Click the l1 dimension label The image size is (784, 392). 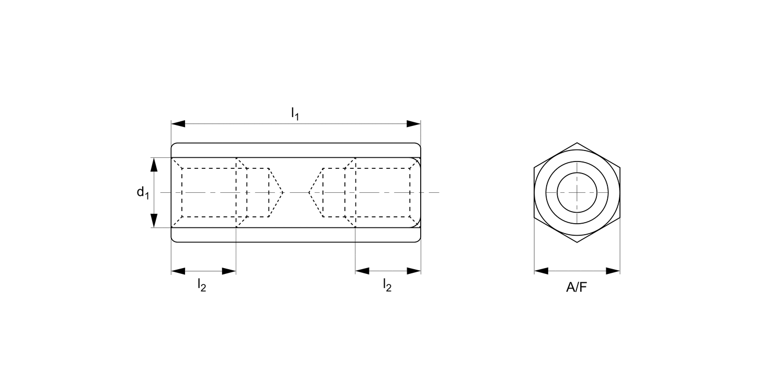point(295,113)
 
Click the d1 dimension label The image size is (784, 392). point(143,193)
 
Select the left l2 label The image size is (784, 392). point(202,285)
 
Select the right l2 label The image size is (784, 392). point(387,285)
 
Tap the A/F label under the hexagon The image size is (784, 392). point(577,287)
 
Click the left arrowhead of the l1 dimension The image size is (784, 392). point(178,124)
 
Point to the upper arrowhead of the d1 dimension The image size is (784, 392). point(154,165)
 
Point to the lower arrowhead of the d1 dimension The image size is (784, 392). point(154,221)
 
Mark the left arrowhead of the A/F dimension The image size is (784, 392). point(541,271)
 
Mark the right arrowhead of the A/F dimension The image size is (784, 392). point(613,271)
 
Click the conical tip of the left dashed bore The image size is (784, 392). point(283,192)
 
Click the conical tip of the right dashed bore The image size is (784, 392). point(309,192)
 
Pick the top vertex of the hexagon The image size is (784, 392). point(577,143)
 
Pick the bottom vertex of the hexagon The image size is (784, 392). point(577,243)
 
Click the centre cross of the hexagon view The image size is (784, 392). point(577,192)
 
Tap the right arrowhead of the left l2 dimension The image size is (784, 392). point(229,271)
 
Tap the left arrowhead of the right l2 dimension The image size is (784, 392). point(362,271)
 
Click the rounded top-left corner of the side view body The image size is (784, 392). point(173,145)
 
